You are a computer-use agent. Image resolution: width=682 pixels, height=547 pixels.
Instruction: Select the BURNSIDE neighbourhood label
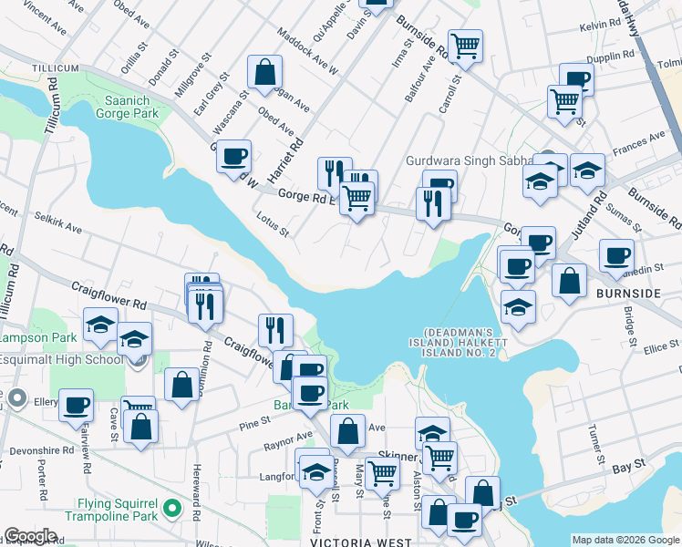(x=627, y=294)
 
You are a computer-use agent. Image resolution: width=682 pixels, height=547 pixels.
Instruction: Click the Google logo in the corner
(x=30, y=536)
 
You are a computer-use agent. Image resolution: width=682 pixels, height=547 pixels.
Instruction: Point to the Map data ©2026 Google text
(x=625, y=540)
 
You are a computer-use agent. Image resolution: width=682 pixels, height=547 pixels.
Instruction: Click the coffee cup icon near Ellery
(x=76, y=403)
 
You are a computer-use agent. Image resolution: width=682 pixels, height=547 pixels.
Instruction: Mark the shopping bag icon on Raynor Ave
(x=347, y=431)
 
